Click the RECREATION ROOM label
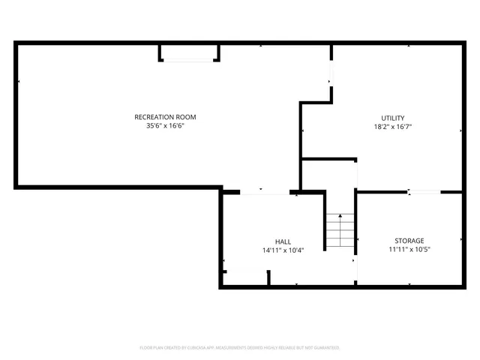click(165, 117)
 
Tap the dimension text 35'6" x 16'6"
click(165, 126)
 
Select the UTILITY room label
click(392, 118)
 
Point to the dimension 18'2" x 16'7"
click(392, 127)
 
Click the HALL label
click(283, 241)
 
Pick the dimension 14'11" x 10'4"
click(283, 250)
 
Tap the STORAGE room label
click(409, 241)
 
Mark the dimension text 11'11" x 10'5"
click(409, 250)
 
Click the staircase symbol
click(340, 231)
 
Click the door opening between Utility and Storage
click(424, 193)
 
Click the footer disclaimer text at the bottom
click(240, 348)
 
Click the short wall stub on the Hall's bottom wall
click(269, 278)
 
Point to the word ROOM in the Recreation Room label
click(185, 117)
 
